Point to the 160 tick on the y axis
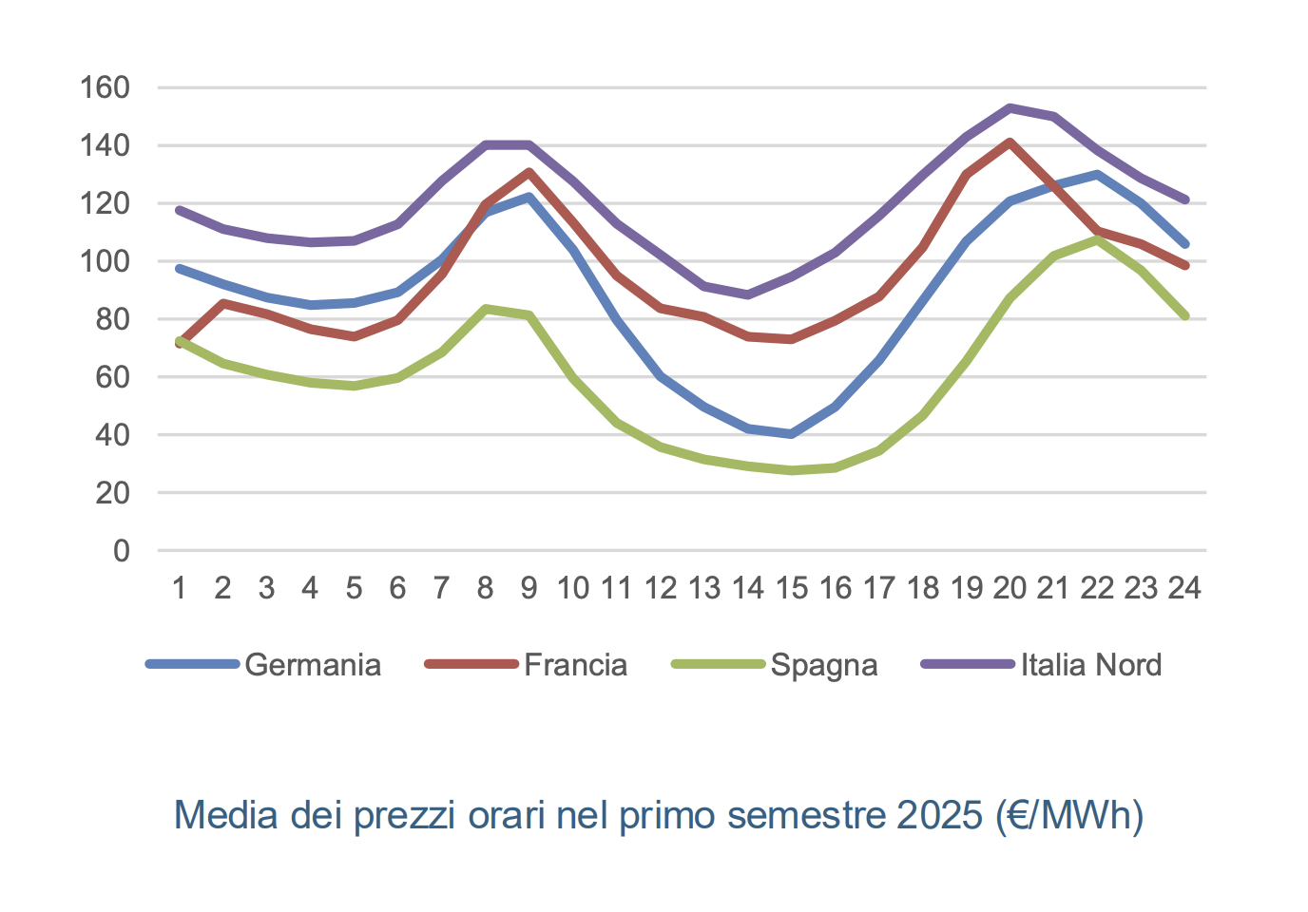105,87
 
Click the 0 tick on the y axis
121,551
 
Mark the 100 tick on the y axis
105,261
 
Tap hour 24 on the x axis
1184,588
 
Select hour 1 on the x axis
179,588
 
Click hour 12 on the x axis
660,588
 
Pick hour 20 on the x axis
1010,588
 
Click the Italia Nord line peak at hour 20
1010,107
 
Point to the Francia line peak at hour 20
1010,142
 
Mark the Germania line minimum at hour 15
791,434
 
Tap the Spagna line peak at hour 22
1097,240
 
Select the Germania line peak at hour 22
1097,174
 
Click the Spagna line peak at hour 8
485,309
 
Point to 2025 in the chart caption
939,815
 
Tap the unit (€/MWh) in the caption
1069,815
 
